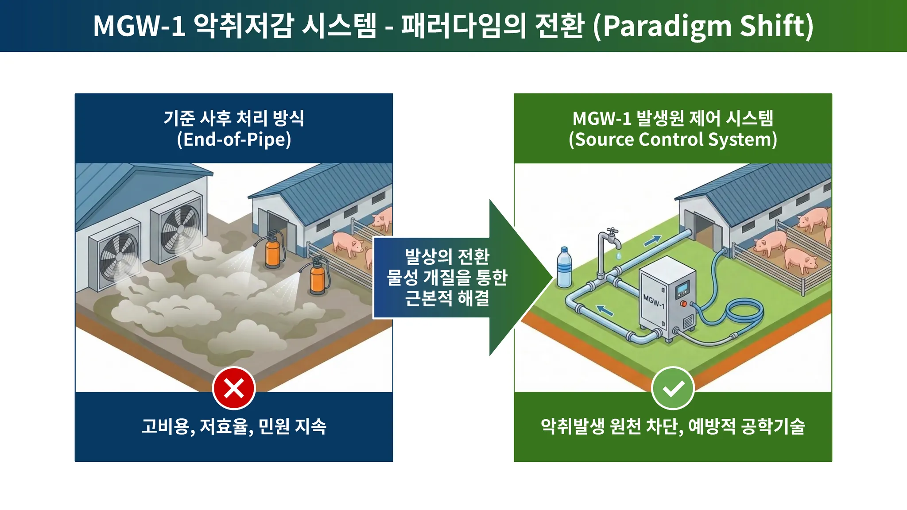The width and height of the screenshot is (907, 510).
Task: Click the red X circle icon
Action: pyautogui.click(x=234, y=388)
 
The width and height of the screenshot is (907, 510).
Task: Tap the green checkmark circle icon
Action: pyautogui.click(x=673, y=388)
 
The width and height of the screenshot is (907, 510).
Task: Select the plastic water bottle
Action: pyautogui.click(x=564, y=267)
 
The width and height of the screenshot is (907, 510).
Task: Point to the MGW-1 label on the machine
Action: pyautogui.click(x=653, y=301)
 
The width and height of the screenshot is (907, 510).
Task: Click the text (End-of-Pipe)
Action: pyautogui.click(x=234, y=139)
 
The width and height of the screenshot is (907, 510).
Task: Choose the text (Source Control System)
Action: pyautogui.click(x=673, y=139)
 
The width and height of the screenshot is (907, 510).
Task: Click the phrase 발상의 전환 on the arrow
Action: pyautogui.click(x=447, y=256)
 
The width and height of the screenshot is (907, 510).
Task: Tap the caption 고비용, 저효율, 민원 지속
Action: pyautogui.click(x=234, y=426)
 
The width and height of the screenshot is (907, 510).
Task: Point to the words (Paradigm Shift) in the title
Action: pyautogui.click(x=703, y=26)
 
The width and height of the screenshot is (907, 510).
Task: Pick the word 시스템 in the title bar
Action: pyautogui.click(x=339, y=26)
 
